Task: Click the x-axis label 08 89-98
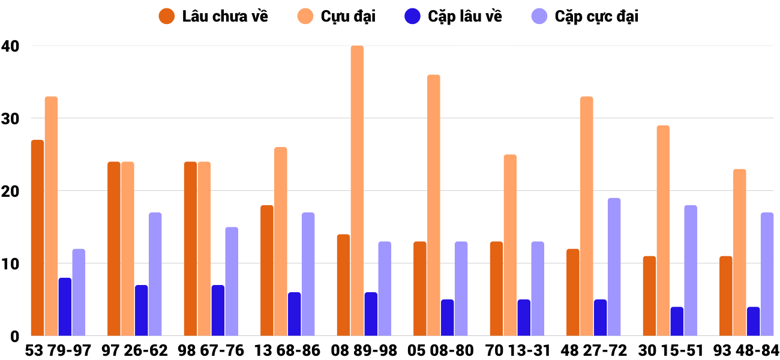(x=364, y=350)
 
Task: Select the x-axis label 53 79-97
(x=58, y=350)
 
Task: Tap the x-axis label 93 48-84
(x=746, y=350)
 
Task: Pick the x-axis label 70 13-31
(x=517, y=350)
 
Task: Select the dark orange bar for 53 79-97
(x=37, y=238)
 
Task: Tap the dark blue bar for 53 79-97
(x=65, y=307)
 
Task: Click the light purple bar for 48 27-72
(x=614, y=267)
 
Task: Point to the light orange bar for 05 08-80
(x=433, y=205)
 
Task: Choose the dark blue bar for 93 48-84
(x=753, y=321)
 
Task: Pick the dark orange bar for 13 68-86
(x=267, y=271)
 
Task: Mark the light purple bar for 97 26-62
(x=155, y=274)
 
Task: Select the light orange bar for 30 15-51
(x=663, y=230)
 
